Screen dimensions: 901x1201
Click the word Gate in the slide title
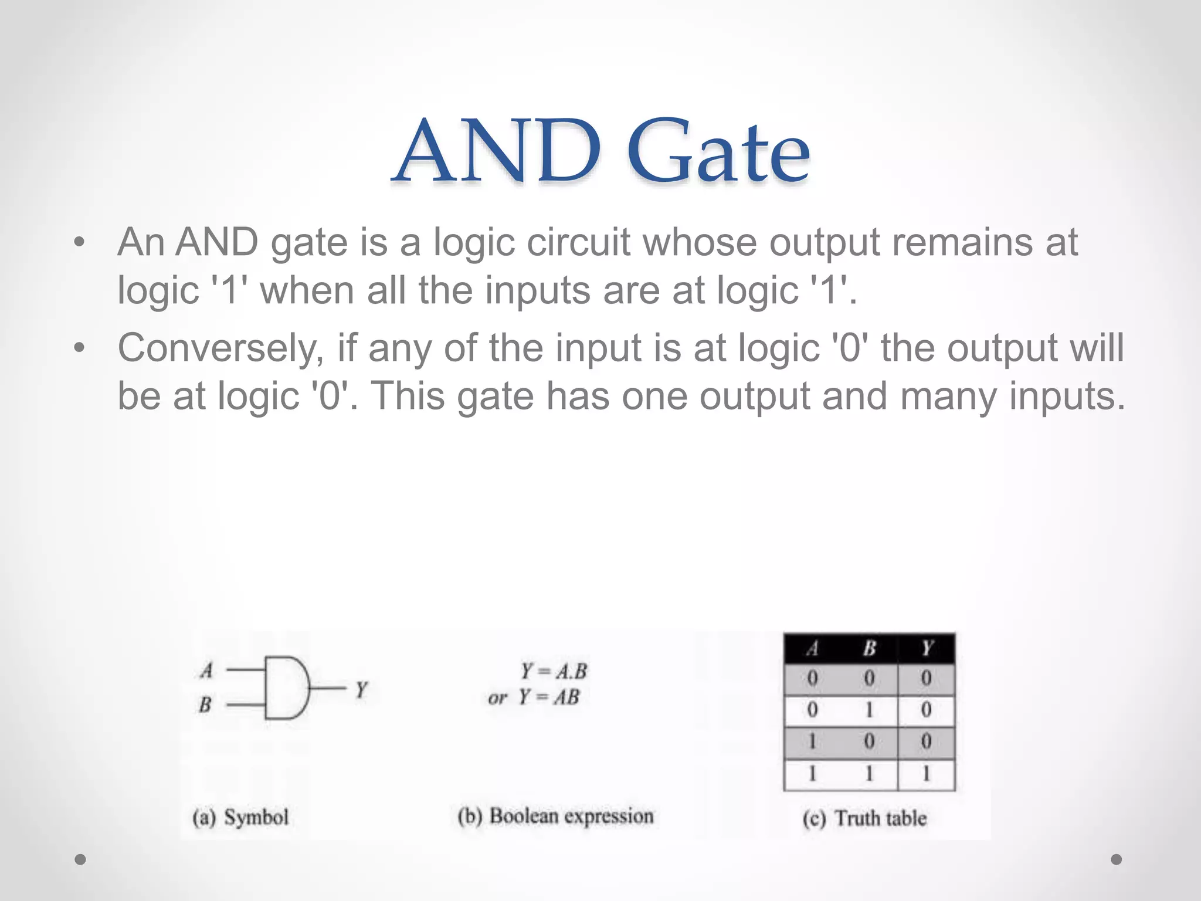pyautogui.click(x=719, y=151)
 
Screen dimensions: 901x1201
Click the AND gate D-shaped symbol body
pyautogui.click(x=285, y=687)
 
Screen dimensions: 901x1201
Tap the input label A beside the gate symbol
pyautogui.click(x=206, y=670)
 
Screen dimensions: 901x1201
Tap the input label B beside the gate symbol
pyautogui.click(x=205, y=704)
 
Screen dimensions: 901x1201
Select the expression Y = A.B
pyautogui.click(x=554, y=671)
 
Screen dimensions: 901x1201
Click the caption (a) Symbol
pyautogui.click(x=240, y=817)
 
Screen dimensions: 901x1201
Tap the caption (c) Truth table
pyautogui.click(x=864, y=818)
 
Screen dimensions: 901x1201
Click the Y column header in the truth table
pyautogui.click(x=927, y=648)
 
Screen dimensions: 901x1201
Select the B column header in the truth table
pyautogui.click(x=869, y=648)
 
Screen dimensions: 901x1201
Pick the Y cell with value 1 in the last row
pyautogui.click(x=927, y=775)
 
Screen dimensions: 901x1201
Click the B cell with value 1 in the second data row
pyautogui.click(x=869, y=710)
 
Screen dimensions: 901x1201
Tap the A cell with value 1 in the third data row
pyautogui.click(x=812, y=742)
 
